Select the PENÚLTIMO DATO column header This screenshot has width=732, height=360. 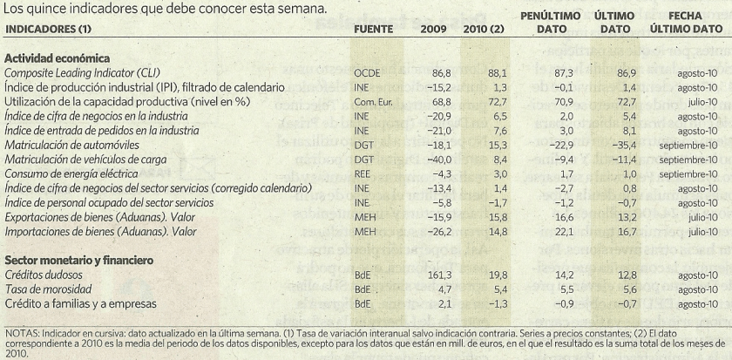(x=549, y=22)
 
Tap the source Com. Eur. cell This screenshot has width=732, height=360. (x=374, y=101)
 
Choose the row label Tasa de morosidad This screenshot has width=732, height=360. (x=51, y=289)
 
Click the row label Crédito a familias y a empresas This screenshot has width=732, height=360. (x=80, y=303)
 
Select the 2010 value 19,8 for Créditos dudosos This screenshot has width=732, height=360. (x=473, y=275)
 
